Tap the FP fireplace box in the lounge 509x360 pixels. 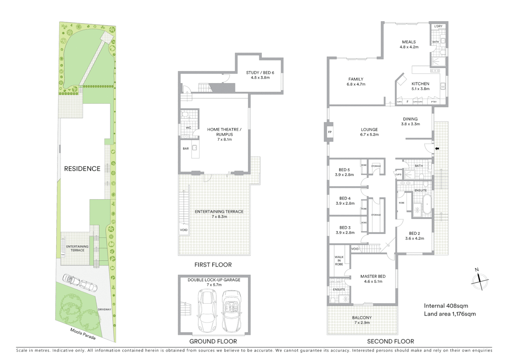[330, 132]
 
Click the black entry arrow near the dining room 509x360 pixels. [437, 149]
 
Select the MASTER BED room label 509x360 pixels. [373, 279]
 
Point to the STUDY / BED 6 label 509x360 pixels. [260, 75]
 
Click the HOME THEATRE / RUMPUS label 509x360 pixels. [224, 134]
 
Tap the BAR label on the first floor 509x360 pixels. [186, 149]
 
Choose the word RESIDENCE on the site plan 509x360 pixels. [82, 169]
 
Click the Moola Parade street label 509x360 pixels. [83, 334]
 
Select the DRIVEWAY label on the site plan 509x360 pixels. [104, 310]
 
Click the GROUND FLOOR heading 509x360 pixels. [213, 341]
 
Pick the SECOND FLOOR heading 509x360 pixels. [390, 341]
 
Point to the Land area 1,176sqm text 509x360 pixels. [450, 314]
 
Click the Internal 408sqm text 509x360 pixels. [446, 306]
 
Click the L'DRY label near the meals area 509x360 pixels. [438, 26]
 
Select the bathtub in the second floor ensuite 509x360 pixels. [427, 204]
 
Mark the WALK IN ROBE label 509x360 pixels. [339, 261]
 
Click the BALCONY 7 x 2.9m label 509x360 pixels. [362, 320]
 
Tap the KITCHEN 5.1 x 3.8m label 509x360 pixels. [420, 86]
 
